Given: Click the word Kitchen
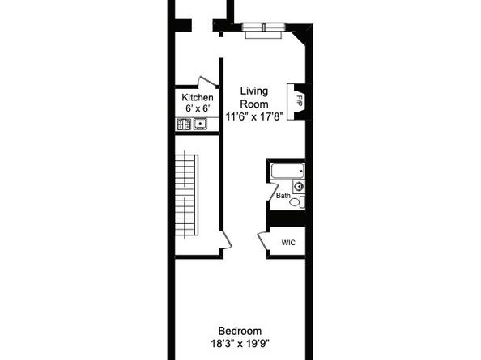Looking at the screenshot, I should coord(198,98).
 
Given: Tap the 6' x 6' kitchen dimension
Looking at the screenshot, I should coord(198,109).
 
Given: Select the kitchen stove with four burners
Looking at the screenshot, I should coord(184,125).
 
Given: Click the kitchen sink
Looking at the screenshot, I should coord(199,125).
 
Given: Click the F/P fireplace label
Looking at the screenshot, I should coord(298,102).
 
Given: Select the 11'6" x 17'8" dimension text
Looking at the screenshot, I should coord(254,116).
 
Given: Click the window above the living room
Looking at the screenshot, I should coord(264,28).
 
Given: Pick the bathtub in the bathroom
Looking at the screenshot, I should coord(287,172).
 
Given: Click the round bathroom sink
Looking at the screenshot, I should coord(298,187).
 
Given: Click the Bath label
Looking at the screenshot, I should coord(283,196).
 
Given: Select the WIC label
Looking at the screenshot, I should coord(288,243).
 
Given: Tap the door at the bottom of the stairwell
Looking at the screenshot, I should coord(226,241).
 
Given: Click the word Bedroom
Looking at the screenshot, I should coord(240,331).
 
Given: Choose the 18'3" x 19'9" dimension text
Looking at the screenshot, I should coord(240,343).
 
